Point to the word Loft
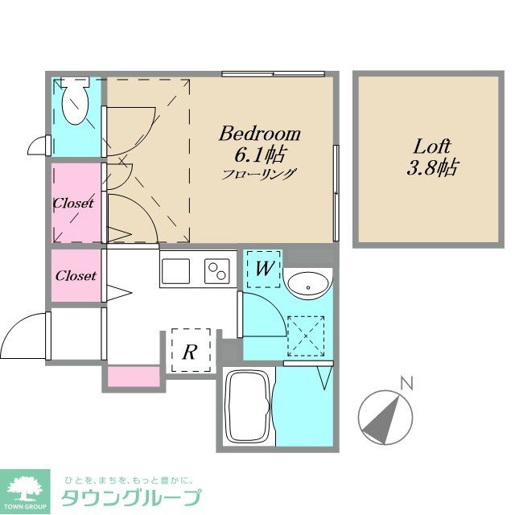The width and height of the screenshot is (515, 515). pyautogui.click(x=432, y=147)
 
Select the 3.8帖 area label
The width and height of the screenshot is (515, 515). pyautogui.click(x=433, y=168)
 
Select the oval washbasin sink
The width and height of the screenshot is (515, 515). pyautogui.click(x=306, y=284)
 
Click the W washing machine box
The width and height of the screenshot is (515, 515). pyautogui.click(x=262, y=269)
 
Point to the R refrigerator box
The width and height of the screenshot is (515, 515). pyautogui.click(x=191, y=351)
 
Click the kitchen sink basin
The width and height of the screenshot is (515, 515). pyautogui.click(x=176, y=270)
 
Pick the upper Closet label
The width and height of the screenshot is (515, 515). pyautogui.click(x=73, y=203)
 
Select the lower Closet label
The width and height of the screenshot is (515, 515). pyautogui.click(x=76, y=275)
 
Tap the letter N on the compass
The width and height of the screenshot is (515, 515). pyautogui.click(x=408, y=383)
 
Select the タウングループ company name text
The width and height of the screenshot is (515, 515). pyautogui.click(x=131, y=497)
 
